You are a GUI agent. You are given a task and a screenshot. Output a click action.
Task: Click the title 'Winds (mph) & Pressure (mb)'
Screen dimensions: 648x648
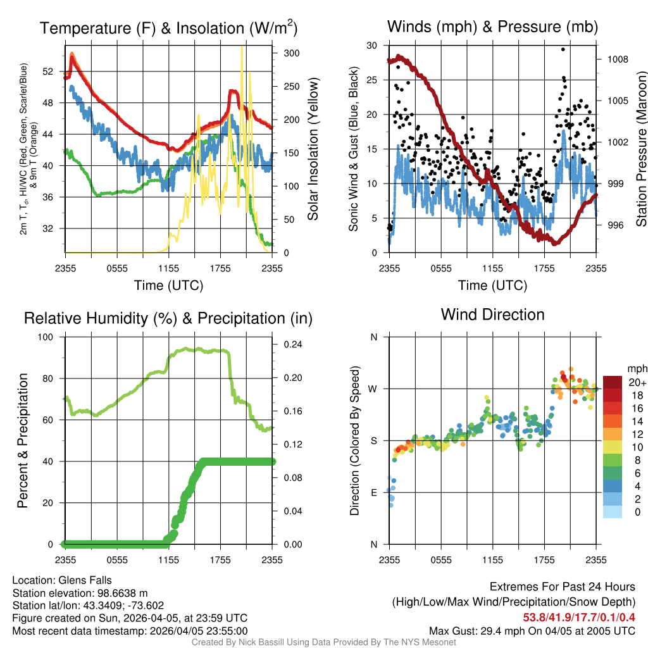click(x=492, y=27)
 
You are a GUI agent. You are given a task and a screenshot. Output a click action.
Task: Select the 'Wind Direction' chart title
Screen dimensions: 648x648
click(x=492, y=315)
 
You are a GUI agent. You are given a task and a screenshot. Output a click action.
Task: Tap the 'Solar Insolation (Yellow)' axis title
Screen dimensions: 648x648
click(x=313, y=149)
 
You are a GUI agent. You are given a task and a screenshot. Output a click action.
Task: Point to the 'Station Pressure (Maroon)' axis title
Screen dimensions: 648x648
click(x=641, y=149)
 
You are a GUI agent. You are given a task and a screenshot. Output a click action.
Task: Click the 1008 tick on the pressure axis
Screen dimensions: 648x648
click(x=616, y=59)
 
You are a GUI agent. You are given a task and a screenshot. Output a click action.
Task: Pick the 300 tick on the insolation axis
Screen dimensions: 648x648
click(x=291, y=53)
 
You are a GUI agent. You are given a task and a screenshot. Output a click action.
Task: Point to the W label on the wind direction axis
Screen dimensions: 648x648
click(x=374, y=389)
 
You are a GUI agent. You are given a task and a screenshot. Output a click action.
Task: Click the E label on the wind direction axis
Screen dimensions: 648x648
click(x=374, y=492)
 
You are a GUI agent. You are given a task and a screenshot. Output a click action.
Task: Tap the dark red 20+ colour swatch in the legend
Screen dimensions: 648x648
click(x=613, y=382)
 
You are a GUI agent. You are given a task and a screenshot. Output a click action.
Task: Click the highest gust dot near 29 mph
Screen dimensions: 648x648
click(x=563, y=49)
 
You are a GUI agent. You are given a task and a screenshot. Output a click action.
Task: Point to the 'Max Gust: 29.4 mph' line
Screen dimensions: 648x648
click(x=532, y=631)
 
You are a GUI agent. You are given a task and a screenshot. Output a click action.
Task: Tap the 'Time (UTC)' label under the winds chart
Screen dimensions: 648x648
click(x=492, y=285)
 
